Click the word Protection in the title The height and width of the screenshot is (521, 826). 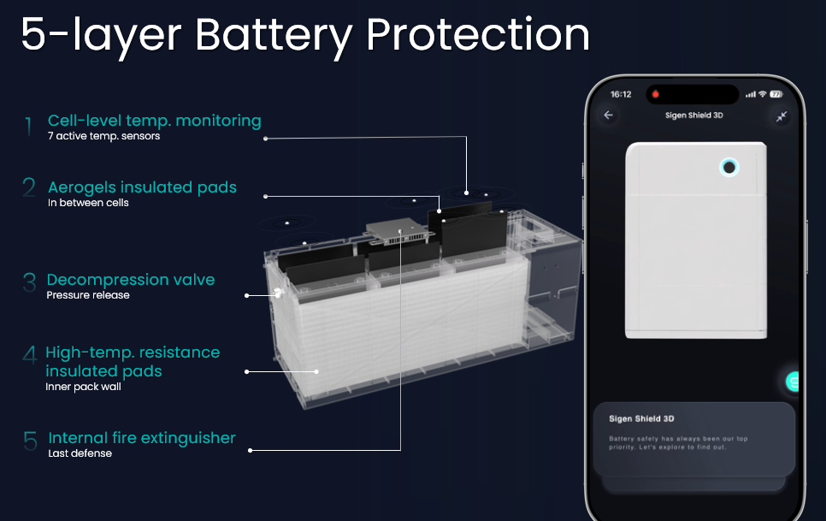477,35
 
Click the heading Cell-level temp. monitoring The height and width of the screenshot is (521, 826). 155,121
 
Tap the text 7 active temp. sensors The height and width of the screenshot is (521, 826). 103,136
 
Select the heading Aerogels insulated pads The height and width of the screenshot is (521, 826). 142,187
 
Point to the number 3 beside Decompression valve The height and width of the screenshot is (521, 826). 29,281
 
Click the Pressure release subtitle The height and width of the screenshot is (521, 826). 88,295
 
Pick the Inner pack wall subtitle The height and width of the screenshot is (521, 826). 83,387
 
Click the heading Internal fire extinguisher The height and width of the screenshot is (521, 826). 142,438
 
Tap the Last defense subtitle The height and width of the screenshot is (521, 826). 80,453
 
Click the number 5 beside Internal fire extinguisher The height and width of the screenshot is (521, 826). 30,441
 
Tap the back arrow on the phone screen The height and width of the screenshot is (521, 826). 609,115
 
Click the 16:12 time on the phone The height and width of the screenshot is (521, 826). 621,94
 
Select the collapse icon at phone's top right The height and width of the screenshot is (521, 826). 782,115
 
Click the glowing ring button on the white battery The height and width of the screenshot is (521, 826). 729,168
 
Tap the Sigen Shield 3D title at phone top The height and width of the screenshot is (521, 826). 693,115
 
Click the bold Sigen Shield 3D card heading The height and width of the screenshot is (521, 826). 641,419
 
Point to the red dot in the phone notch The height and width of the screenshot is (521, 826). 655,94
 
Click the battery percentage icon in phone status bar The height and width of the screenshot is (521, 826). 776,94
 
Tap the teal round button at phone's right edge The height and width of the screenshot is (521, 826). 792,381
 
